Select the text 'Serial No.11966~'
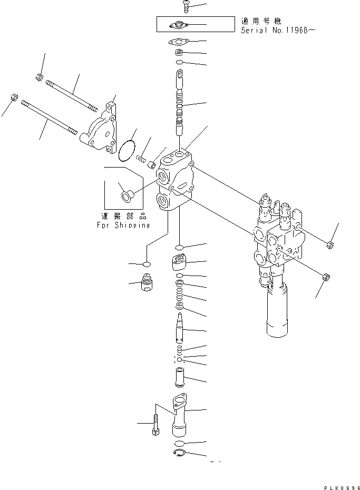pyautogui.click(x=278, y=30)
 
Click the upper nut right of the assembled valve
pyautogui.click(x=329, y=244)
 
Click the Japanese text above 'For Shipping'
pyautogui.click(x=123, y=215)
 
